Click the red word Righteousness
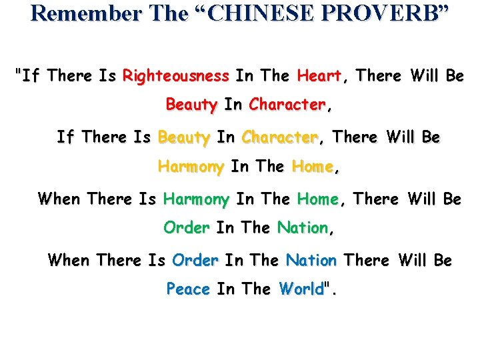click(x=176, y=76)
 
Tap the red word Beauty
click(x=191, y=105)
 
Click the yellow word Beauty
click(x=184, y=138)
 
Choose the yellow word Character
click(x=280, y=138)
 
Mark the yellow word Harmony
click(x=191, y=167)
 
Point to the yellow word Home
click(x=313, y=167)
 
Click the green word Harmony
click(x=196, y=199)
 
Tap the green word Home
click(x=318, y=199)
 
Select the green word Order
click(x=186, y=228)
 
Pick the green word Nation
click(x=303, y=228)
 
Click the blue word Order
click(x=195, y=260)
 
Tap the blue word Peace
click(x=188, y=289)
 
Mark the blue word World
click(x=301, y=289)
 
